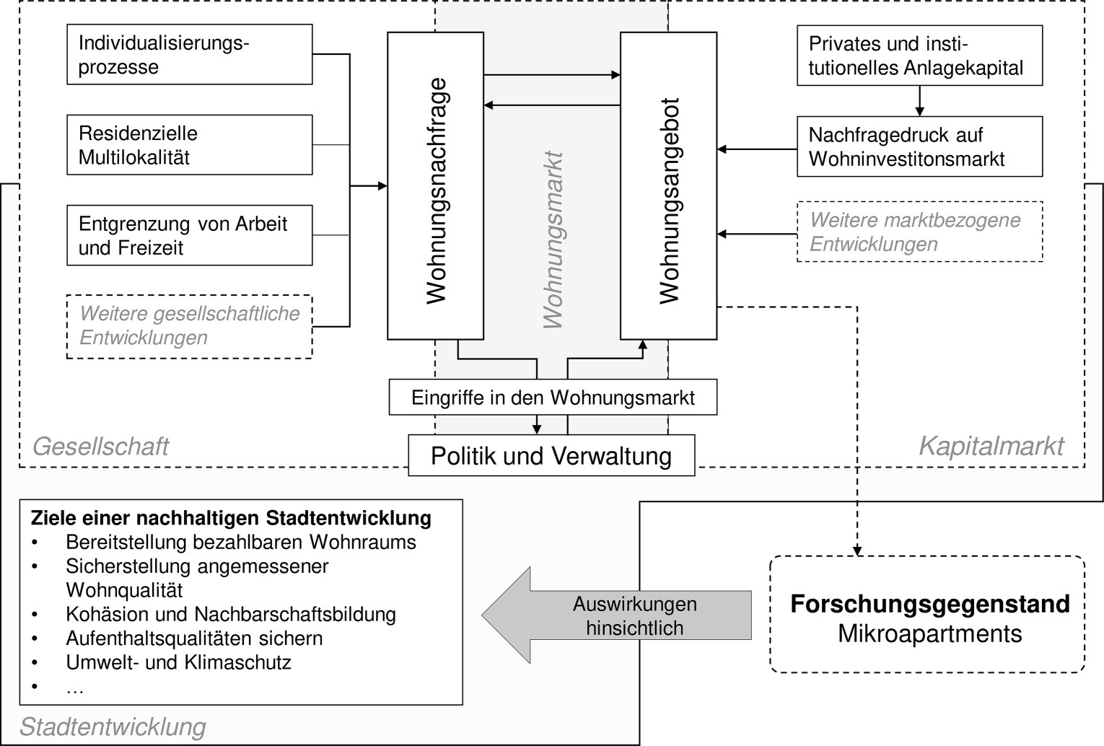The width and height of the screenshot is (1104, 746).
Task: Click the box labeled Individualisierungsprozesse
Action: pos(190,54)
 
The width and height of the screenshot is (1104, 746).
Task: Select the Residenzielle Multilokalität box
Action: pos(190,145)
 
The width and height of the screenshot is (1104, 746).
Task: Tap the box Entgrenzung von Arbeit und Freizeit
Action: pos(190,235)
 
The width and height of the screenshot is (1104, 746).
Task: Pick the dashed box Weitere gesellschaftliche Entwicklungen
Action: pos(190,327)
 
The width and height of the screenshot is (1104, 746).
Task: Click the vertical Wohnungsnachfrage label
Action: pos(436,191)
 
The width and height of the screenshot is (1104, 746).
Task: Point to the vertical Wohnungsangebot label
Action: pos(669,201)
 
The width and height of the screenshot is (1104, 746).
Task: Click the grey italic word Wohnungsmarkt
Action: pos(553,240)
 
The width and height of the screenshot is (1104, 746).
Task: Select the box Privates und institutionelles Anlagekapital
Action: pos(920,55)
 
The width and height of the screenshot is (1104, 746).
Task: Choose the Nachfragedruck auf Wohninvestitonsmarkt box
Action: pos(920,146)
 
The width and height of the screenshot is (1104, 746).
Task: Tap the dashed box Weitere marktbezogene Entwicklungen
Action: pos(920,232)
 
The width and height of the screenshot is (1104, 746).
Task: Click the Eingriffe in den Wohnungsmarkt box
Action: pos(553,397)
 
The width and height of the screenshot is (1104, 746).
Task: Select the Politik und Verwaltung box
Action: pos(551,455)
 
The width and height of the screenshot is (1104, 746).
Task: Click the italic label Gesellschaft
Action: pos(100,447)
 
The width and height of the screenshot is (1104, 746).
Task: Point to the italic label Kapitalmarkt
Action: pos(991,447)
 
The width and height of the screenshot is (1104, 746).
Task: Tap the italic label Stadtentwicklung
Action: pos(113,727)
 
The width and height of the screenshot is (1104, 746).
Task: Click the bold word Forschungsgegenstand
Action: pos(930,604)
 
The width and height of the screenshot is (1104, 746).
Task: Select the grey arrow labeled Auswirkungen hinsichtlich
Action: pos(616,615)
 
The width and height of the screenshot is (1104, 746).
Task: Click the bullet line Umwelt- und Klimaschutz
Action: pos(178,663)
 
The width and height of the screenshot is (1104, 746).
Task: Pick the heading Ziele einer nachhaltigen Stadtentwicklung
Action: pos(231,518)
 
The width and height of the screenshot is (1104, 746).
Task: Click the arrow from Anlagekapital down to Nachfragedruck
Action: pos(920,101)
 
